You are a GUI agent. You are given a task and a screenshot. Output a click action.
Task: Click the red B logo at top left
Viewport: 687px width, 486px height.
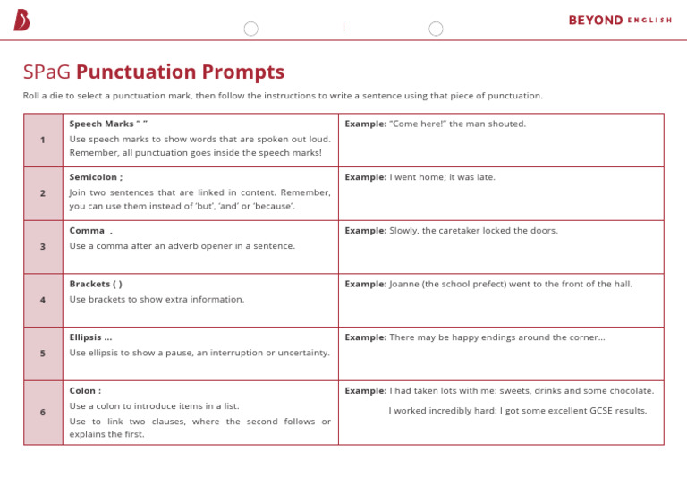[x=21, y=20]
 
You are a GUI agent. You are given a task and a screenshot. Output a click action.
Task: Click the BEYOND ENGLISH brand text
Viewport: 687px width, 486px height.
[x=620, y=21]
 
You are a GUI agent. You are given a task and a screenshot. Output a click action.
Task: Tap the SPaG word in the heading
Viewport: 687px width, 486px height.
[x=47, y=72]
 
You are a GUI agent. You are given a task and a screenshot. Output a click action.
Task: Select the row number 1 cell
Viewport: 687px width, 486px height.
[x=43, y=140]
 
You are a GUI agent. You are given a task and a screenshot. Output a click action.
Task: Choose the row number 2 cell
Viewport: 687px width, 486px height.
[x=43, y=193]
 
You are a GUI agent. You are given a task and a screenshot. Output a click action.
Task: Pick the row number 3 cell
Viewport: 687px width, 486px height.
[x=43, y=247]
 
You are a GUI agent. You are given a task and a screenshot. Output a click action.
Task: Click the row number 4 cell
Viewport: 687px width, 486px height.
[x=43, y=301]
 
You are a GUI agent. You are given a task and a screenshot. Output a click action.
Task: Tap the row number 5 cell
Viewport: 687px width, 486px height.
[x=43, y=354]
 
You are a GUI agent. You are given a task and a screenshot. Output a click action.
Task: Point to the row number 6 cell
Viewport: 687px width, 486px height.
[x=43, y=413]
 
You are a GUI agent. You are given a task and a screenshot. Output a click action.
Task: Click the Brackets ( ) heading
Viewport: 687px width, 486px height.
[x=96, y=284]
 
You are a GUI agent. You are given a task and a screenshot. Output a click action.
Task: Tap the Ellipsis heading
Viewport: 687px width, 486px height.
[x=90, y=337]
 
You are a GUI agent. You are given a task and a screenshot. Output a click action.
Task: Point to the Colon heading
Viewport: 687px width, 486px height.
[x=85, y=391]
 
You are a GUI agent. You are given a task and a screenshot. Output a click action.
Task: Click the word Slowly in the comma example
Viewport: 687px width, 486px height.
[x=404, y=231]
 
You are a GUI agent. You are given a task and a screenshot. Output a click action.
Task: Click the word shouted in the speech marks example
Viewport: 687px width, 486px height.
[x=507, y=124]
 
